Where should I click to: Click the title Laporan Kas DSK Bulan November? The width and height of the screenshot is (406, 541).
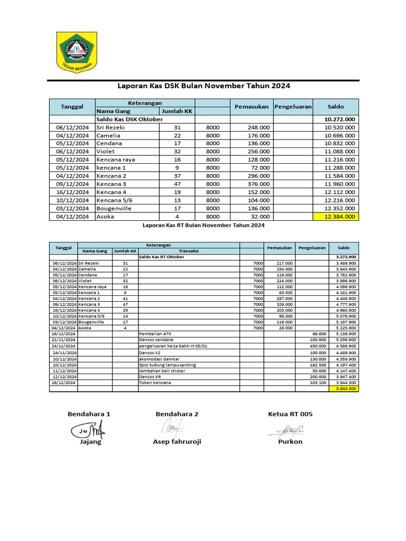pyautogui.click(x=203, y=86)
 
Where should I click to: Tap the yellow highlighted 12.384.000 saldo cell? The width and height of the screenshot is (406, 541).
pyautogui.click(x=336, y=216)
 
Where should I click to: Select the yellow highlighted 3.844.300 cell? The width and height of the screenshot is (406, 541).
pyautogui.click(x=343, y=388)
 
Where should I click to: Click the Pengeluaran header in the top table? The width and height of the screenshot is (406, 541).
pyautogui.click(x=293, y=107)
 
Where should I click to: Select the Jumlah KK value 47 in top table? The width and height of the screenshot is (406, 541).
pyautogui.click(x=177, y=184)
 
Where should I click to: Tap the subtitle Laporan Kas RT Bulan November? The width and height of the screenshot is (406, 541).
pyautogui.click(x=204, y=225)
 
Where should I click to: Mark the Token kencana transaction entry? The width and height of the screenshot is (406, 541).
pyautogui.click(x=155, y=383)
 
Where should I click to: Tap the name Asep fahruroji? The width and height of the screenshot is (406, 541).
pyautogui.click(x=177, y=441)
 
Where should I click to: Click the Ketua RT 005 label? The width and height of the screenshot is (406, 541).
pyautogui.click(x=290, y=414)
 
